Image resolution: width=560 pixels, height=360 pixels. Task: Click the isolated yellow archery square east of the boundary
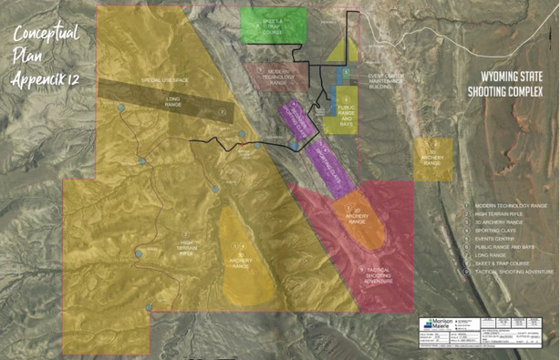pos(433,157)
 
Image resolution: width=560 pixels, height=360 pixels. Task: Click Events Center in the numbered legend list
pos(496,239)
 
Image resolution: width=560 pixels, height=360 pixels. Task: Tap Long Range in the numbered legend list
pos(493,255)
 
